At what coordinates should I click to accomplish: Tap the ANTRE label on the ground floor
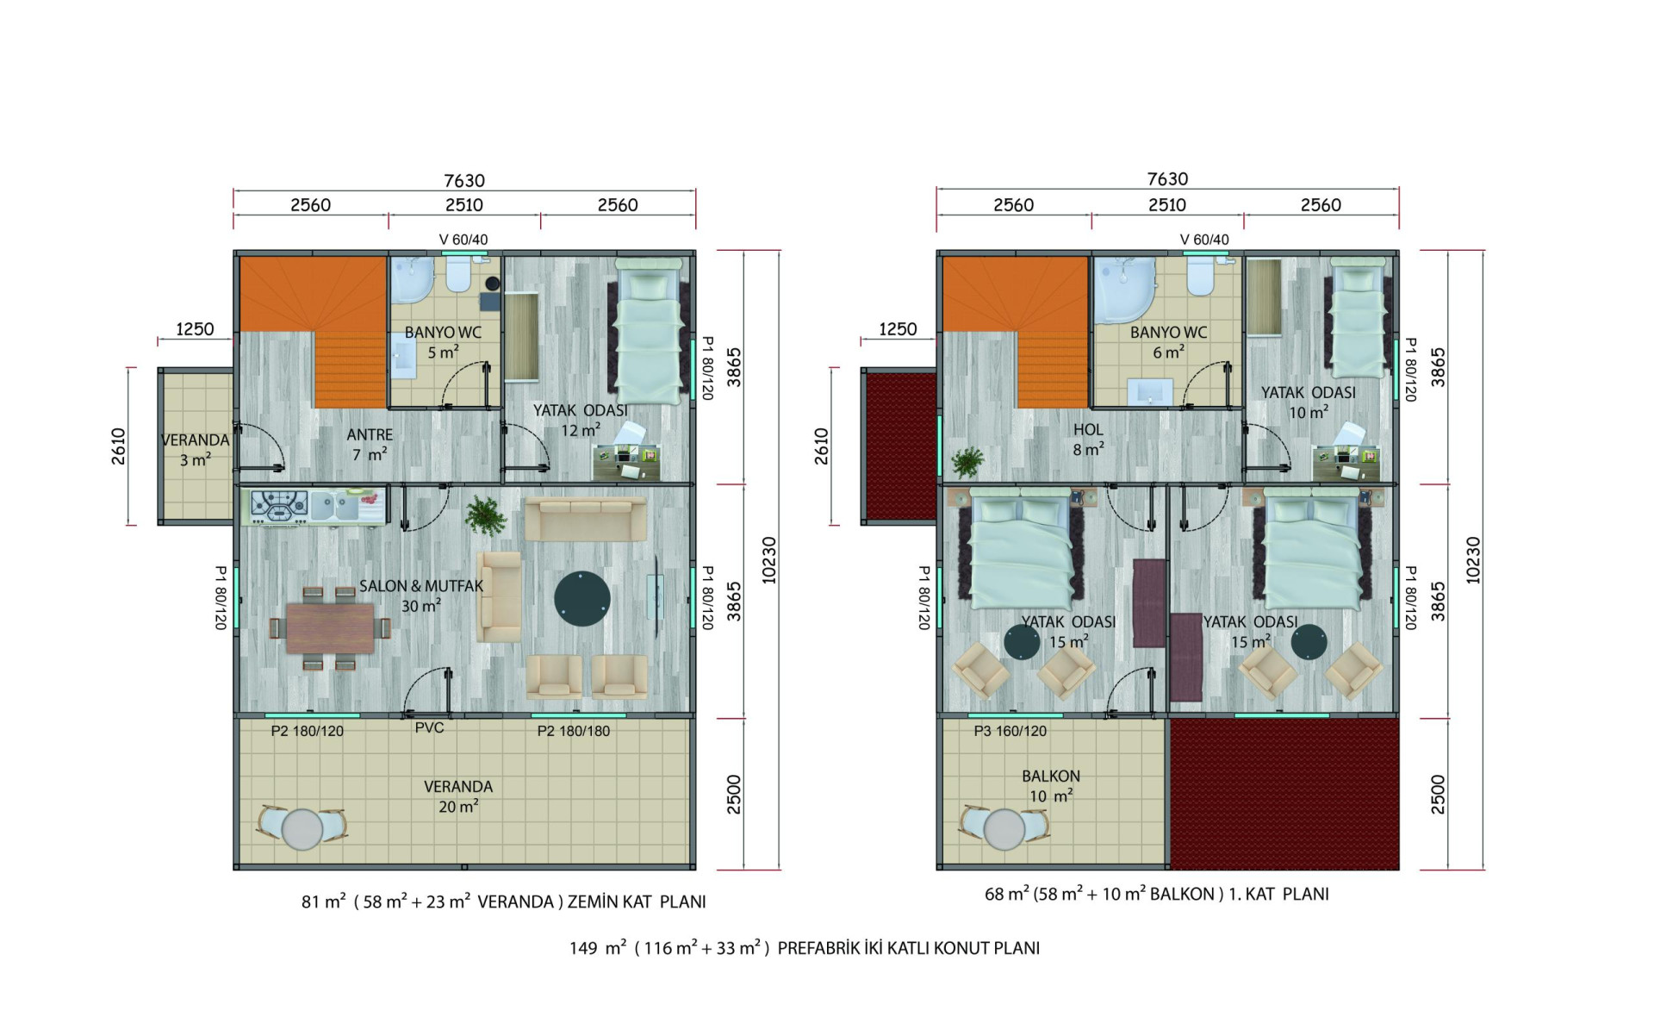click(x=370, y=435)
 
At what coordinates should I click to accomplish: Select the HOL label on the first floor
click(x=1088, y=429)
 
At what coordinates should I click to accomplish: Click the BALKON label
click(x=1050, y=776)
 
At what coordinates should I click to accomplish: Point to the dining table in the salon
click(x=331, y=628)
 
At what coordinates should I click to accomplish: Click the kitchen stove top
click(x=279, y=506)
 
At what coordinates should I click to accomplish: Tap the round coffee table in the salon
click(x=582, y=598)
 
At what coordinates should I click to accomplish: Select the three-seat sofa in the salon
click(x=586, y=519)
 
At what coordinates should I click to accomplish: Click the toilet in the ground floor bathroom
click(x=457, y=274)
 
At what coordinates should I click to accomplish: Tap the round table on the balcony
click(x=1004, y=830)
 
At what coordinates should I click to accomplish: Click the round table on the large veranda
click(x=302, y=829)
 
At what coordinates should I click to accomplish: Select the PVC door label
click(x=429, y=727)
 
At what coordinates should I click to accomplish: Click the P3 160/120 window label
click(x=1010, y=731)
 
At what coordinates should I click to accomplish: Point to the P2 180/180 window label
click(x=574, y=731)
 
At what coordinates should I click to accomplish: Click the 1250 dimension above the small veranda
click(x=195, y=329)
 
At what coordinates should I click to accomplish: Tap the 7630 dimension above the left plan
click(x=464, y=180)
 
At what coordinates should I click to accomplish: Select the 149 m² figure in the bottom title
click(x=597, y=948)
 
